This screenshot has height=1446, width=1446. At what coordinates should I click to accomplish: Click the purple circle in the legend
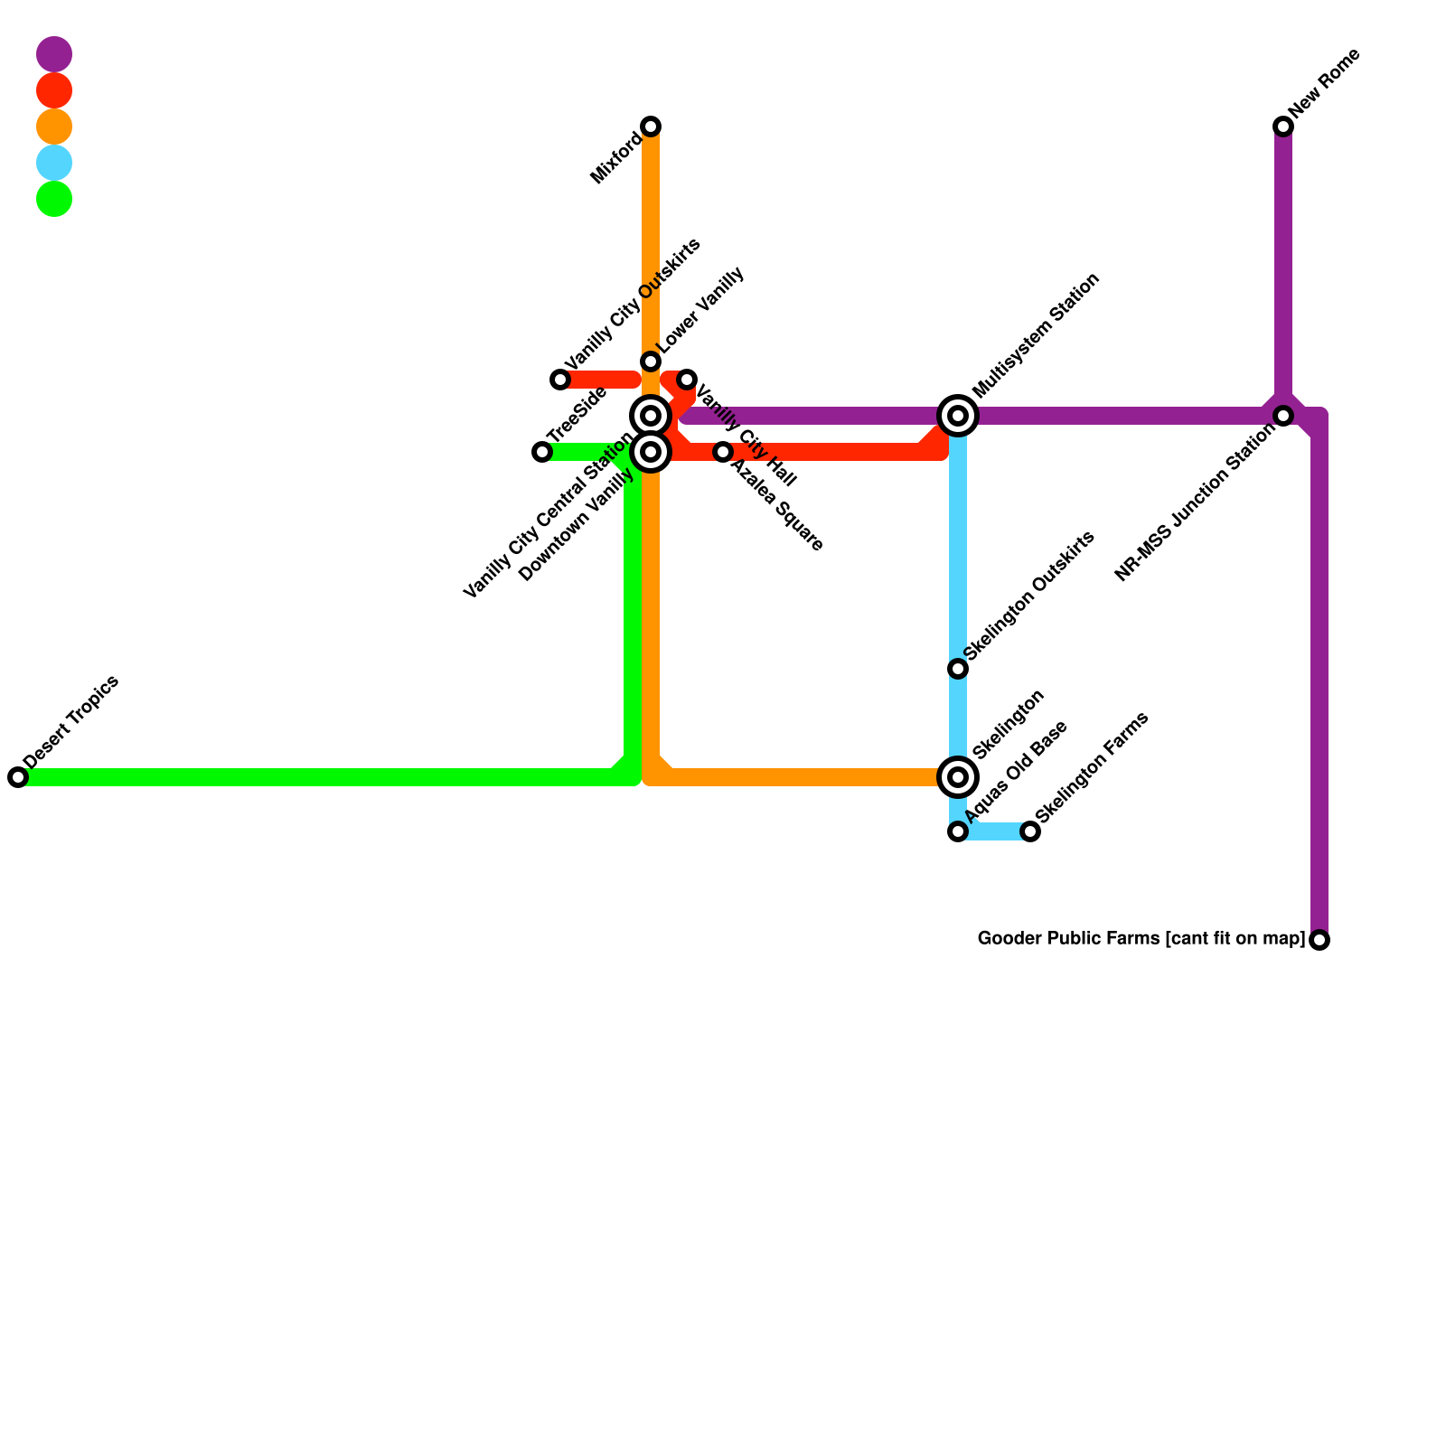[54, 54]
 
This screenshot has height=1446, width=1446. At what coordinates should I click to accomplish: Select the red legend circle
[54, 90]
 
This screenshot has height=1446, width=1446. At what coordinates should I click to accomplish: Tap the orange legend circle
[54, 127]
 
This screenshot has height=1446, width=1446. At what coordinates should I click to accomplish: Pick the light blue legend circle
[54, 163]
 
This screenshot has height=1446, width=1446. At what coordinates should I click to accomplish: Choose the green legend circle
[54, 199]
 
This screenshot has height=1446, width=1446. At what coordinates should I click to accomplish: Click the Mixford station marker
[651, 127]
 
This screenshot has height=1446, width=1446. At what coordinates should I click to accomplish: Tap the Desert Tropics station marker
[18, 777]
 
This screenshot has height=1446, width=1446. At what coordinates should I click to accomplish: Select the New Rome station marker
[1283, 127]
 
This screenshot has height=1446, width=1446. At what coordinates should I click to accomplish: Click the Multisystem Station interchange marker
[958, 416]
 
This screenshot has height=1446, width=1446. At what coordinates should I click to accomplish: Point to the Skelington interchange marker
[958, 777]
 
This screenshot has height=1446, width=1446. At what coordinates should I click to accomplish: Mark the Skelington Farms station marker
[1030, 831]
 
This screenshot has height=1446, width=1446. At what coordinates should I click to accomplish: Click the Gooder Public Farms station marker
[1319, 940]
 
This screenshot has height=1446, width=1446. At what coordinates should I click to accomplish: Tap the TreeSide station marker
[542, 452]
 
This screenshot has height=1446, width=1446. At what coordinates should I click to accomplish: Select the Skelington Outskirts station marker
[958, 669]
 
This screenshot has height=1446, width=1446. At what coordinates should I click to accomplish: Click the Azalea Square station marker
[723, 452]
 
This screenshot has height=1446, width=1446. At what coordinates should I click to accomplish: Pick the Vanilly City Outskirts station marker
[560, 380]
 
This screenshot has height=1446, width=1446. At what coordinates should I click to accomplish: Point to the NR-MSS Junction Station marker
[1283, 416]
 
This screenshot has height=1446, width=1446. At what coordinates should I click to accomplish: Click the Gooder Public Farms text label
[1141, 939]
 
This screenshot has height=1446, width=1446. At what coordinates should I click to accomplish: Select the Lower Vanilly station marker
[651, 361]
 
